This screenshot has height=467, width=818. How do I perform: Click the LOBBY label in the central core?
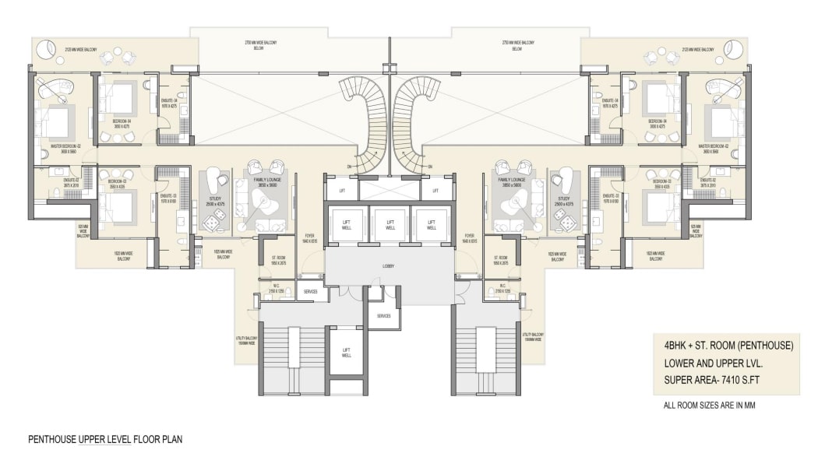[x=388, y=267]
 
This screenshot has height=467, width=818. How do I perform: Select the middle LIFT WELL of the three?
[x=390, y=225]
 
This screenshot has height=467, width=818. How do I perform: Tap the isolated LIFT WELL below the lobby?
[x=346, y=352]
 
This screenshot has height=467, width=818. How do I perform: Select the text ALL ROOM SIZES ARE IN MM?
[x=709, y=406]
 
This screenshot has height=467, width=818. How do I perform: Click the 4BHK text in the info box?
[x=676, y=345]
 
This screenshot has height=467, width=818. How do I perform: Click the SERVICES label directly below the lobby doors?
[x=383, y=316]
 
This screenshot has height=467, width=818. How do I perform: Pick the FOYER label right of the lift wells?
[x=469, y=237]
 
